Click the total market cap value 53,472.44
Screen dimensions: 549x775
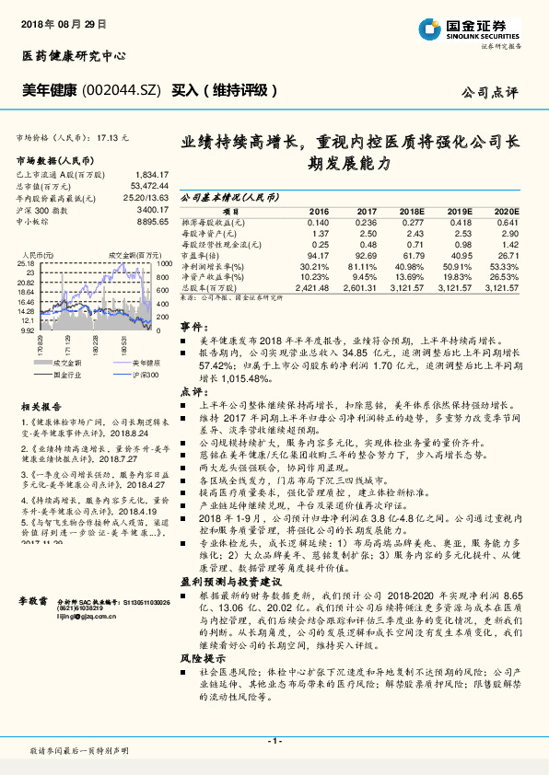151,185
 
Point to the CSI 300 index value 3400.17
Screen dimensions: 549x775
152,209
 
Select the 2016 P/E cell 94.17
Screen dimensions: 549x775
316,254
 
